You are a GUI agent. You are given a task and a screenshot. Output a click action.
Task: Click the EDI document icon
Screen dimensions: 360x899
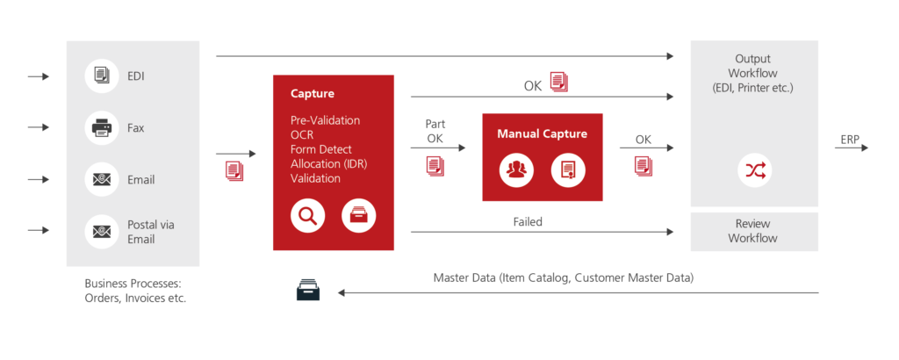[x=102, y=76]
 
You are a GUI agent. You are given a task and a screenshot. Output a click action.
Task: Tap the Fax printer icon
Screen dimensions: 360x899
[x=102, y=128]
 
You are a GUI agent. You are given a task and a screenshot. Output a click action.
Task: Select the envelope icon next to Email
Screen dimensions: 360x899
[x=102, y=180]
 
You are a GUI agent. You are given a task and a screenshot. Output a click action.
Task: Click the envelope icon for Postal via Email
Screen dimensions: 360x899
[x=102, y=232]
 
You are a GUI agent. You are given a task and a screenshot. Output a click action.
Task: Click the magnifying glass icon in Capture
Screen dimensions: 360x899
[x=307, y=215]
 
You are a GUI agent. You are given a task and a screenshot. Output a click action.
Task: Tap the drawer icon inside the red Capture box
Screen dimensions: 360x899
[x=358, y=215]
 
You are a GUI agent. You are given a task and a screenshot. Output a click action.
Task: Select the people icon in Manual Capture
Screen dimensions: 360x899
[x=516, y=169]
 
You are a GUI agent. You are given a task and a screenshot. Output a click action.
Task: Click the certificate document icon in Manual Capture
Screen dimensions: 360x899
[x=568, y=169]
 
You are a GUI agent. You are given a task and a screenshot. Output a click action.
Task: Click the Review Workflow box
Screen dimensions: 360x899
[x=754, y=232]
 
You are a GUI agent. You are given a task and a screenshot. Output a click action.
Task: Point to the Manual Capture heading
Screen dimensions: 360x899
[x=542, y=134]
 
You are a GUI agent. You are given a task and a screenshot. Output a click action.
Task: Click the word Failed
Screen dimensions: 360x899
[x=528, y=222]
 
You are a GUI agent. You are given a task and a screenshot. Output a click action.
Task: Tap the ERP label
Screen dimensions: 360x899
[x=850, y=140]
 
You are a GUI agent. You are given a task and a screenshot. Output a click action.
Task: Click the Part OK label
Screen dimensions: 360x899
[x=435, y=132]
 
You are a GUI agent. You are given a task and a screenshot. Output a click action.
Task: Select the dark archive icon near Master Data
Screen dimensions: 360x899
[x=307, y=290]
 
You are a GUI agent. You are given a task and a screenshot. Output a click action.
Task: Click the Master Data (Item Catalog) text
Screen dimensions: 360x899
[x=563, y=278]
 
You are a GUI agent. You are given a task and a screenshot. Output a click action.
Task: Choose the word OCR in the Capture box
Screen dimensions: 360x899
[x=302, y=134]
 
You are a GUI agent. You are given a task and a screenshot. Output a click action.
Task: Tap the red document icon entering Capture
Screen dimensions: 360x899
[x=234, y=171]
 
